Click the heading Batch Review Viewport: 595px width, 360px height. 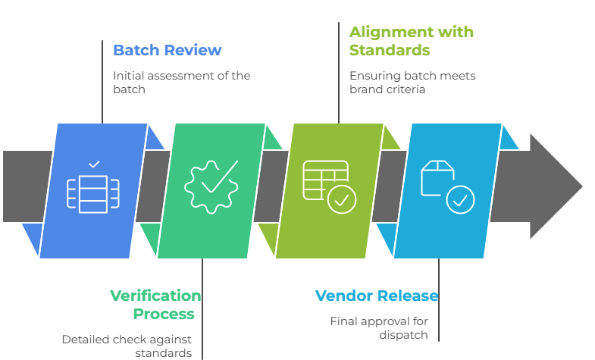(x=167, y=51)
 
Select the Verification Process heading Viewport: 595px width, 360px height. (x=155, y=305)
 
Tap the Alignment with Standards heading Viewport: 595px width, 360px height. (x=411, y=41)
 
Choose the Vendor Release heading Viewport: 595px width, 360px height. (x=376, y=296)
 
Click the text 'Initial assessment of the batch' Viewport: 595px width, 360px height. (x=181, y=82)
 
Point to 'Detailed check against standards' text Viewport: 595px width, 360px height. (x=127, y=346)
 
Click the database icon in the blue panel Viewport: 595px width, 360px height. (x=93, y=193)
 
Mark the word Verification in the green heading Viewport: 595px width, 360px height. (x=155, y=296)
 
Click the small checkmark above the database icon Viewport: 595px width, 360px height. (x=94, y=164)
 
